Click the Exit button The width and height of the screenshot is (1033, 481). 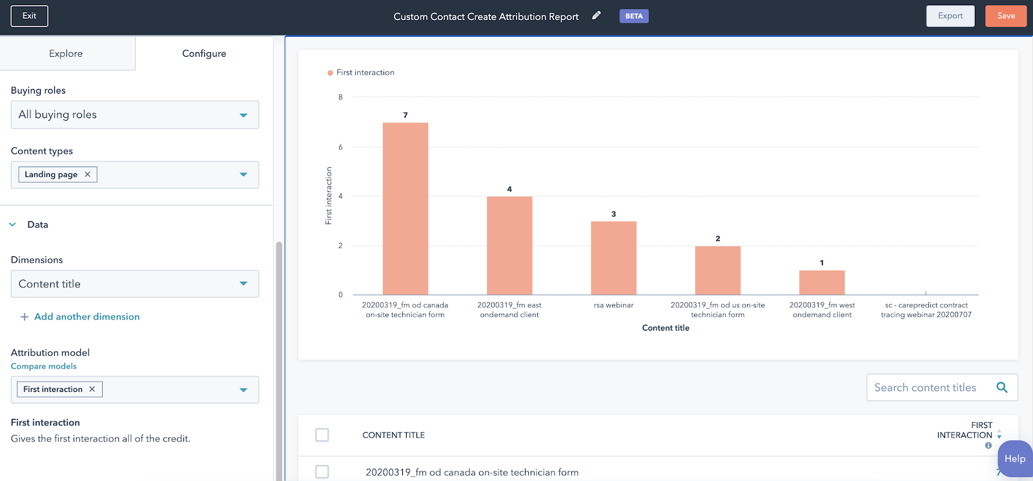[x=29, y=16]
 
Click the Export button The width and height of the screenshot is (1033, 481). [x=950, y=16]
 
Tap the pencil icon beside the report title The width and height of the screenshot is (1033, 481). [x=597, y=15]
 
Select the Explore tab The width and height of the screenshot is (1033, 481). [x=66, y=54]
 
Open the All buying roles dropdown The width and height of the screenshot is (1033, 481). [x=134, y=115]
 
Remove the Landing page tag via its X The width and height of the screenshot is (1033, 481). [x=88, y=174]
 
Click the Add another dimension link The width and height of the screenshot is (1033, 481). [x=87, y=317]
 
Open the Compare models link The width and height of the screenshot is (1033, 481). [x=44, y=366]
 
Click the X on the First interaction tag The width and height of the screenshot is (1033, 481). [x=92, y=389]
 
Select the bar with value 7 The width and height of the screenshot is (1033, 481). [x=405, y=208]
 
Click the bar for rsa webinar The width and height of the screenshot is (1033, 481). [x=613, y=258]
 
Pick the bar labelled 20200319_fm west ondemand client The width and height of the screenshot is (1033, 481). [x=821, y=282]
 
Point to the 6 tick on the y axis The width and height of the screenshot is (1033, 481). [x=341, y=147]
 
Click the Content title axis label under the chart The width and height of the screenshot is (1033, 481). [x=666, y=328]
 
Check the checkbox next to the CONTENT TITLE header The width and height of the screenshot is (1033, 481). [x=322, y=435]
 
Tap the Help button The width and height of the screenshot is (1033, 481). [x=1014, y=458]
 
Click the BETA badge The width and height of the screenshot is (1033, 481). [x=634, y=16]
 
